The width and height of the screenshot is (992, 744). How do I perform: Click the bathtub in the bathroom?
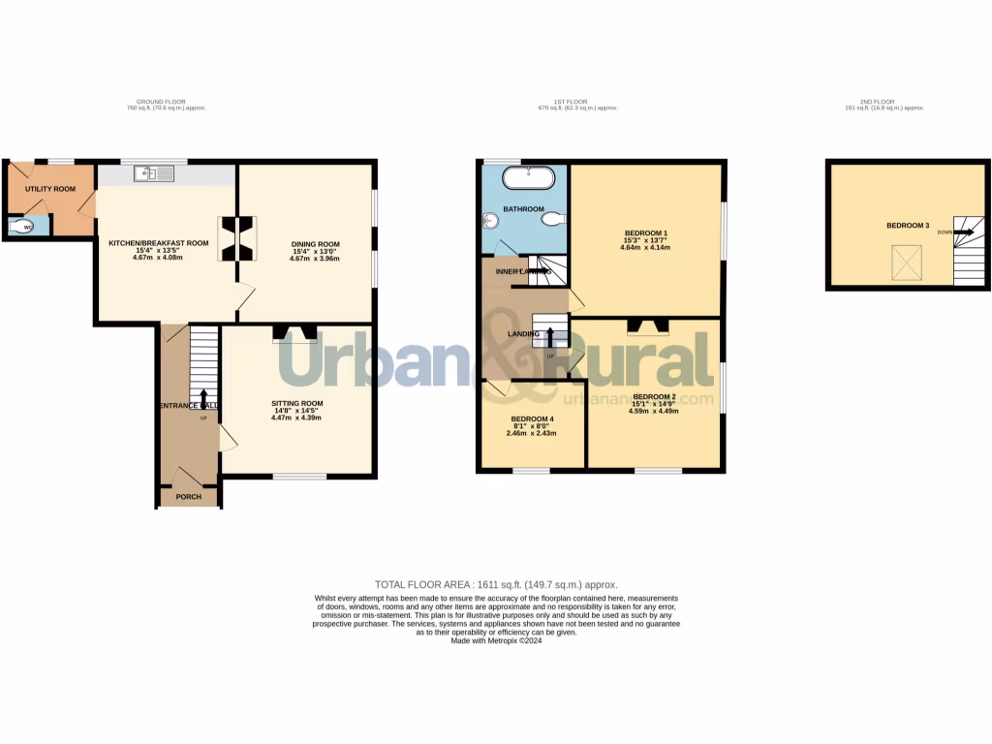pos(529,178)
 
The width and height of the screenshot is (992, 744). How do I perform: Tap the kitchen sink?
pos(154,174)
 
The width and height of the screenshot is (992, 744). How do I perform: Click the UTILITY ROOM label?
pos(50,189)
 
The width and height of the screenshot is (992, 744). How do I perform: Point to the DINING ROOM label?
pos(315,244)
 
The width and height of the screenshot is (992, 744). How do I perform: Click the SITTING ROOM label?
pos(297,403)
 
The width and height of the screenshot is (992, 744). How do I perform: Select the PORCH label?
pos(189,497)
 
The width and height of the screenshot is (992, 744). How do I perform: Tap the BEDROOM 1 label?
pos(645,233)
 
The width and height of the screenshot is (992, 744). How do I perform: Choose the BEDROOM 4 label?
pos(531,419)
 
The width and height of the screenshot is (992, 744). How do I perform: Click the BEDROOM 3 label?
pos(908,226)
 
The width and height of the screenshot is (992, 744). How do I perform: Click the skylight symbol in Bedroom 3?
pos(907,260)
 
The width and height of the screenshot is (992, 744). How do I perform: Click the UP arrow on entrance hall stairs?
pos(203,398)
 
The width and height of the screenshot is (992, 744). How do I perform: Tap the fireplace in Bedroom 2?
pos(648,326)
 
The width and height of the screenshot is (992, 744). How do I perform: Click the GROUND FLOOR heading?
pos(161,102)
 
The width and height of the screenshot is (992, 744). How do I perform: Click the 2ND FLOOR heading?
pos(879,102)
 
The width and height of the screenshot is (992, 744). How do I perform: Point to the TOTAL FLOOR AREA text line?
pos(496,585)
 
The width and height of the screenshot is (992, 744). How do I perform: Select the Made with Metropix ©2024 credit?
pos(496,640)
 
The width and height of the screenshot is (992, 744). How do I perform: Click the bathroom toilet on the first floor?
pos(552,221)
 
